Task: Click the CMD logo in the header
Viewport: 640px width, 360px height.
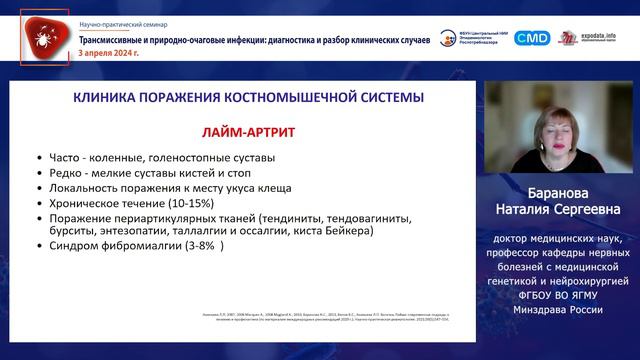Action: tap(532, 38)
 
